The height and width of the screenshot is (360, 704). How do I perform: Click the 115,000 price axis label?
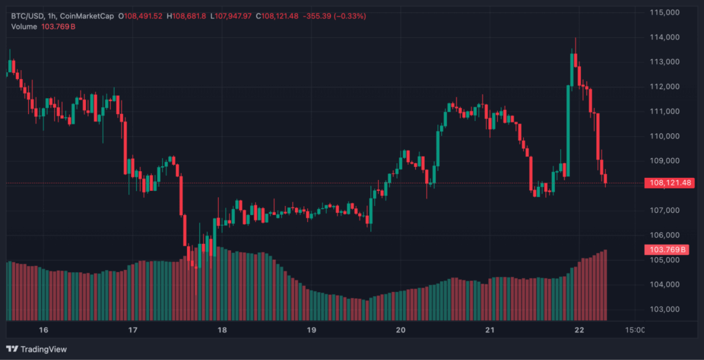tap(665, 12)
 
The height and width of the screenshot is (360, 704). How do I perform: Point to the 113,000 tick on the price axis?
tap(665, 62)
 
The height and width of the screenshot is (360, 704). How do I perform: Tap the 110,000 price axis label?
tap(665, 136)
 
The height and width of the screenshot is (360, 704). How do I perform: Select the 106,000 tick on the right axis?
tap(665, 235)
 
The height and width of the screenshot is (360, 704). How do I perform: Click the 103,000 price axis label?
tap(665, 309)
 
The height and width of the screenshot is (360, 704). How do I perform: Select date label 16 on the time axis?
tap(44, 330)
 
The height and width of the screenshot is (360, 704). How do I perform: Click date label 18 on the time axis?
tap(222, 330)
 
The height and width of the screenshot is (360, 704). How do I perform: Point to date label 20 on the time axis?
tap(401, 330)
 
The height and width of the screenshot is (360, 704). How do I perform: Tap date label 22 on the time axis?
tap(579, 330)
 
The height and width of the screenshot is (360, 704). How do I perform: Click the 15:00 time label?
tap(635, 330)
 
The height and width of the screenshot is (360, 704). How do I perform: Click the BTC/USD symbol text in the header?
tap(25, 15)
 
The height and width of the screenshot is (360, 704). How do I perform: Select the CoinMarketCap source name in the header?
tap(87, 15)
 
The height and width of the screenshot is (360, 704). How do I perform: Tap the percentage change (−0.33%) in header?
tap(347, 15)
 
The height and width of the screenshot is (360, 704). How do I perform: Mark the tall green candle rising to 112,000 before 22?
tap(569, 131)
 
